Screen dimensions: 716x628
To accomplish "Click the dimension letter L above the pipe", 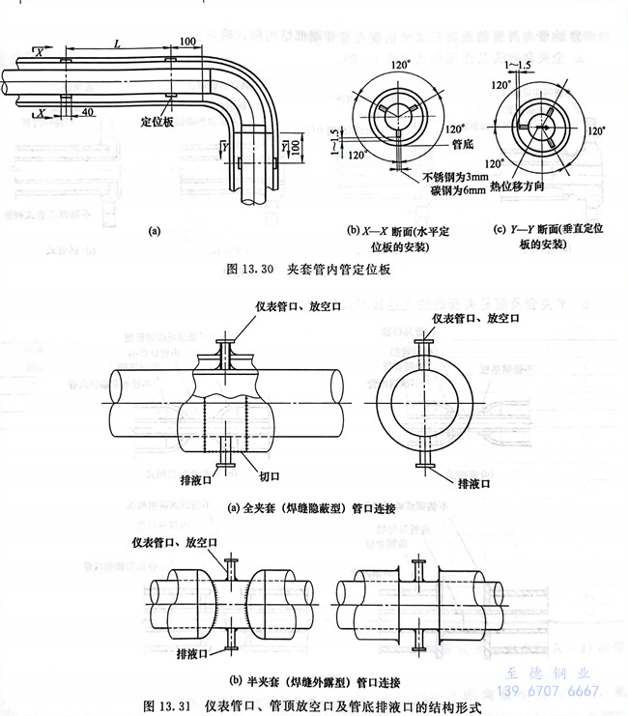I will (116, 43).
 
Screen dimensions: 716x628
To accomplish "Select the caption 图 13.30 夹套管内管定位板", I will (307, 271).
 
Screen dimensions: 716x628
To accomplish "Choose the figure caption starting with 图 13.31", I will (310, 705).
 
